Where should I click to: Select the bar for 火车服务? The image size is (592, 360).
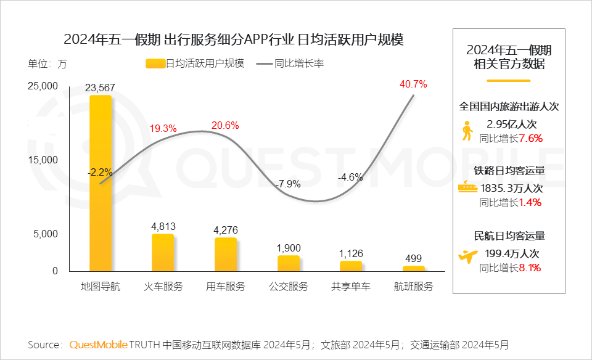point(163,252)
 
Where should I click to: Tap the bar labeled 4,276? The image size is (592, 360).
point(226,254)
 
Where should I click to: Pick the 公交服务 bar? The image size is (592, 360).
point(289,263)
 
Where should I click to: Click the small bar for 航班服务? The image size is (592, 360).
point(414,269)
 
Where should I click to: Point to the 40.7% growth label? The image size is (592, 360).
point(413,84)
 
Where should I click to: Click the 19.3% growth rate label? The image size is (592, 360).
point(163,128)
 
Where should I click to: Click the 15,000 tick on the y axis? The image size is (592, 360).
point(43,160)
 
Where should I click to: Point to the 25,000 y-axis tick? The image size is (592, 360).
point(43,87)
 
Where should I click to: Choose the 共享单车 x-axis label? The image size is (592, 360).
point(351,287)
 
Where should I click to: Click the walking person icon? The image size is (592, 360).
point(467,131)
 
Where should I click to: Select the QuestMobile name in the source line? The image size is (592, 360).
point(99,344)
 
